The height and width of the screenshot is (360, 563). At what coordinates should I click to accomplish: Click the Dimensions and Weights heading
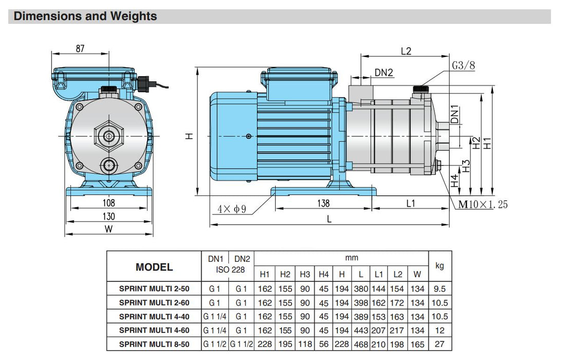[x=85, y=16]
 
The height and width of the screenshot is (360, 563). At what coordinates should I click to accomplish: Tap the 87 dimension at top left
[x=80, y=48]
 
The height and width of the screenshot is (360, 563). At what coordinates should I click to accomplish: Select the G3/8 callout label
[x=463, y=65]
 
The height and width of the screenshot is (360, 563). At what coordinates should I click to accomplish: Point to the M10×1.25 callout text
[x=483, y=205]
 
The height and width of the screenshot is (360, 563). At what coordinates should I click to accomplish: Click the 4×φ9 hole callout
[x=232, y=209]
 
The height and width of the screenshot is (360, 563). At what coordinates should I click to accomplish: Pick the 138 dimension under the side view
[x=323, y=203]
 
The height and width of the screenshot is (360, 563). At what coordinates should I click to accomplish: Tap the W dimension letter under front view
[x=108, y=229]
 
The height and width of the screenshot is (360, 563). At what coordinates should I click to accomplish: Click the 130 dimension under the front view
[x=109, y=217]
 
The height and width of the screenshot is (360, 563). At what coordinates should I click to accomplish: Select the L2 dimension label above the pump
[x=406, y=51]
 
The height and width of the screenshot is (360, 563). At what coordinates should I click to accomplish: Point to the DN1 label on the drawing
[x=455, y=114]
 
